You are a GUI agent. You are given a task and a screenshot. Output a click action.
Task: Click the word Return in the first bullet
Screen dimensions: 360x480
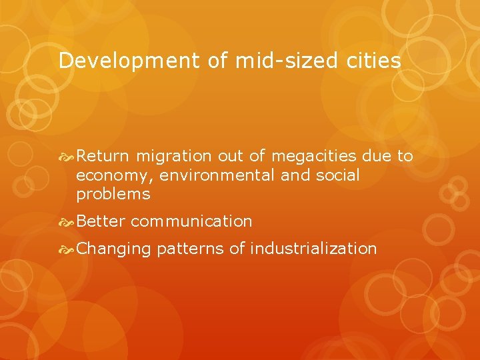[103, 156]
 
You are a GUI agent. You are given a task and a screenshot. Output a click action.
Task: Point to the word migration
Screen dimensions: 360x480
[173, 156]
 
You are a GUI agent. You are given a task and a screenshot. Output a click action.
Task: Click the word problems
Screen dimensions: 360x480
[113, 195]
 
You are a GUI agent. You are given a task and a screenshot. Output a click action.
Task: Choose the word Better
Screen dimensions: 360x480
[101, 221]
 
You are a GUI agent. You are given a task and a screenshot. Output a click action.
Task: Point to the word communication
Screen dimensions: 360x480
[191, 221]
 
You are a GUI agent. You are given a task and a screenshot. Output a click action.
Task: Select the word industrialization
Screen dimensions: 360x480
[313, 249]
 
